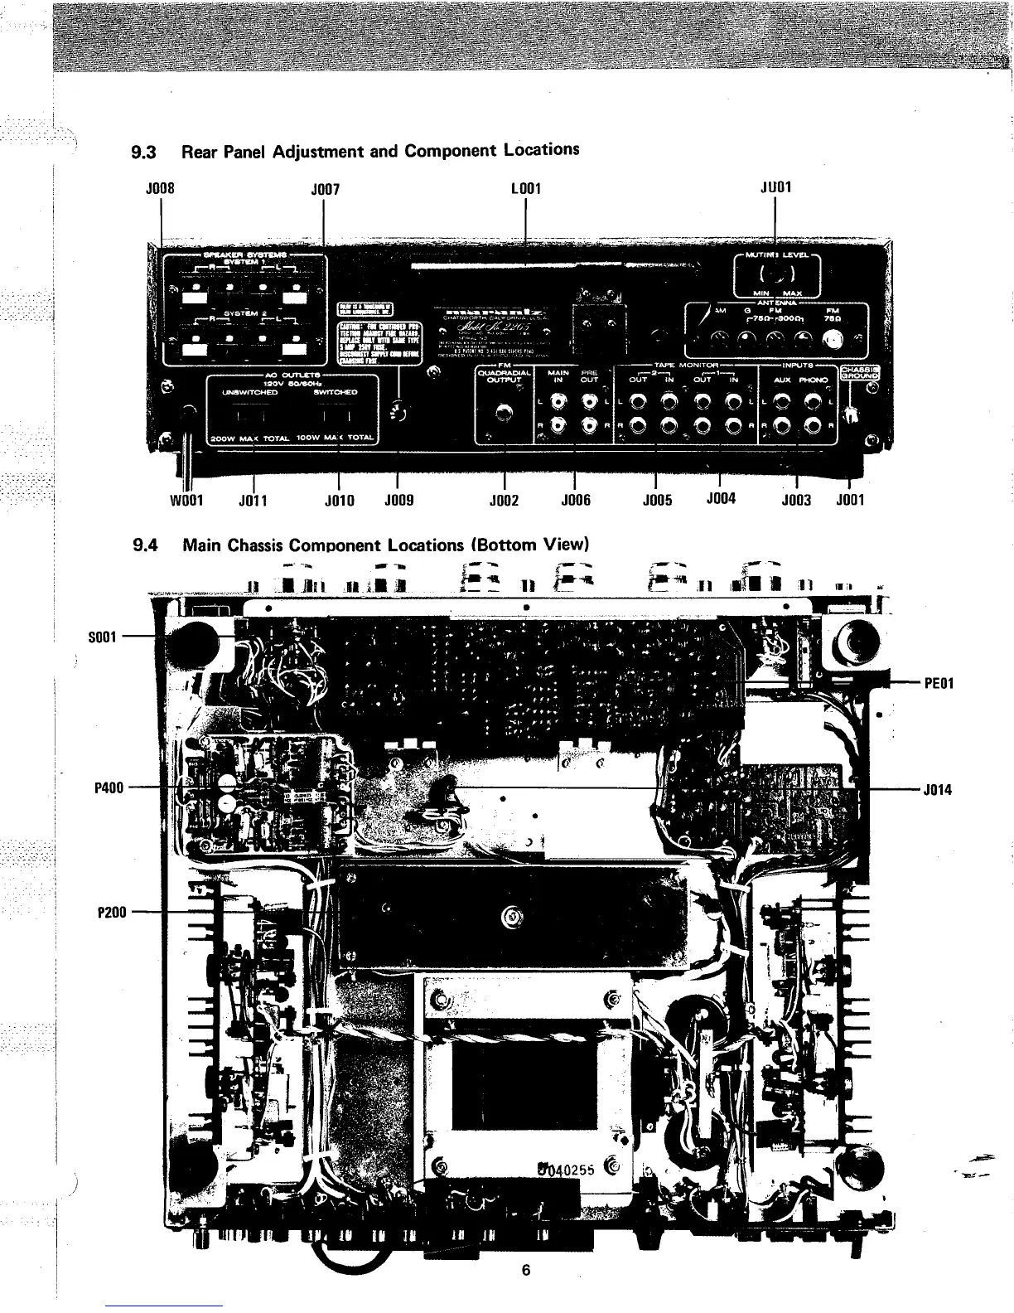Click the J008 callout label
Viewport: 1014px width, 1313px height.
pyautogui.click(x=159, y=187)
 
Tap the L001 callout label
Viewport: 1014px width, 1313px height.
pyautogui.click(x=526, y=188)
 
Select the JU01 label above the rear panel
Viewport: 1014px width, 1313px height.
pyautogui.click(x=775, y=187)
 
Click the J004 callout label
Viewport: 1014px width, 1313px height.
pyautogui.click(x=721, y=499)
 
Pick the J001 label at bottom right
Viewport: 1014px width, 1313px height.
pyautogui.click(x=850, y=500)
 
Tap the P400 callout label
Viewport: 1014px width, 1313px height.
pyautogui.click(x=109, y=787)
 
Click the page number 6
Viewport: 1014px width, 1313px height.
pyautogui.click(x=525, y=1271)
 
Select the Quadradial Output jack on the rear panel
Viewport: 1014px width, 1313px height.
pyautogui.click(x=501, y=412)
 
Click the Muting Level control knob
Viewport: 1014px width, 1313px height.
pyautogui.click(x=776, y=274)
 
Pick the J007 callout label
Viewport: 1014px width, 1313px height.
pyautogui.click(x=324, y=188)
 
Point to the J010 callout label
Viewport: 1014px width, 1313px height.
pyautogui.click(x=339, y=500)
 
